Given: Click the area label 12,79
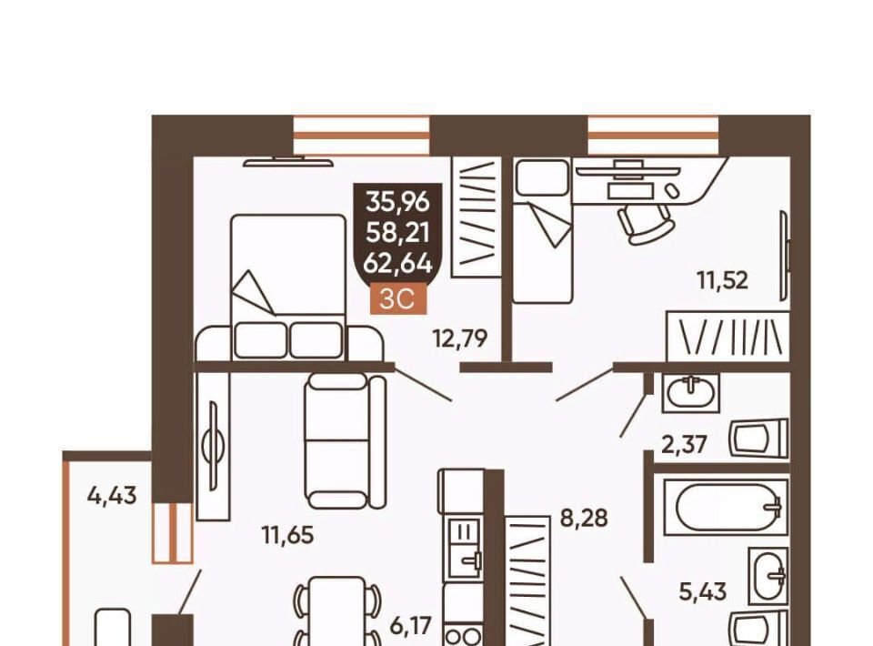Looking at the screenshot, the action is coord(460,338).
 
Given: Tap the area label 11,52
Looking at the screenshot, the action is coord(723,280).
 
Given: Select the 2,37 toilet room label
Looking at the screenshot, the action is coord(684,444).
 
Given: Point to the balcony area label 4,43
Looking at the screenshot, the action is coord(112,495).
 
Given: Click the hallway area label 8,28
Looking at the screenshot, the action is coord(584,519).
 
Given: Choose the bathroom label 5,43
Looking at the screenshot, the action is coord(703,591).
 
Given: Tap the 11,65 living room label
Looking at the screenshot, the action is coord(288,535).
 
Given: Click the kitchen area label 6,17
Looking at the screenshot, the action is coord(411,625).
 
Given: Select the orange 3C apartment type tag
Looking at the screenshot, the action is coord(398,299).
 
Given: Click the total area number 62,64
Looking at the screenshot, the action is coord(397,264).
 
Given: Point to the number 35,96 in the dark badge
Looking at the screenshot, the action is coord(397,202).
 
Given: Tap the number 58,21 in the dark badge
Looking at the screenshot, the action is coord(397,233).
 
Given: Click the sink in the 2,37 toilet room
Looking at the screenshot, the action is coord(690,393).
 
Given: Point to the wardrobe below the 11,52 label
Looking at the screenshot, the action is coord(728,337).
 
